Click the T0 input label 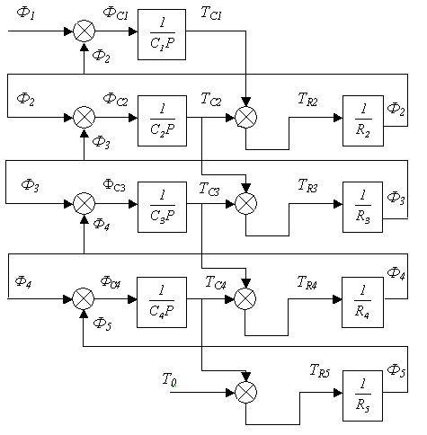[x=169, y=379]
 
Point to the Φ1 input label [x=26, y=13]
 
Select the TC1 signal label [x=211, y=13]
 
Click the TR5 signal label [x=320, y=370]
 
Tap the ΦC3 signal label [x=114, y=185]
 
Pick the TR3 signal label [x=307, y=185]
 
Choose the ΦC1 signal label [x=116, y=13]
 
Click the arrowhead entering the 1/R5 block [x=338, y=393]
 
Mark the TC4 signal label [x=216, y=282]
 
